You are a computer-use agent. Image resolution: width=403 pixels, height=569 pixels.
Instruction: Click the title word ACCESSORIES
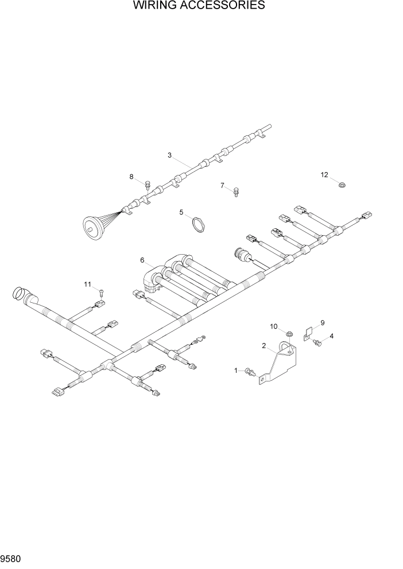tap(222, 6)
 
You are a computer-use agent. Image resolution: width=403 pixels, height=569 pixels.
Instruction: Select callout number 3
tap(170, 155)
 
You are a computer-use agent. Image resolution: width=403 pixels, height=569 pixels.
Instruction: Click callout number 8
tap(131, 177)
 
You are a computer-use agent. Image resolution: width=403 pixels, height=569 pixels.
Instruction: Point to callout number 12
tap(324, 175)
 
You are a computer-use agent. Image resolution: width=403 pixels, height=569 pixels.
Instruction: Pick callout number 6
tap(142, 260)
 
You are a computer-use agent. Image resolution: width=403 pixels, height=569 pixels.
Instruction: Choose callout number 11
tap(88, 284)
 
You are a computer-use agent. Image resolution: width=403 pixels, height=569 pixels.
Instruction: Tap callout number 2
tap(264, 346)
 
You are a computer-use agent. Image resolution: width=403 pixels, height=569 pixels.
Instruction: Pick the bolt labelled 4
tap(317, 343)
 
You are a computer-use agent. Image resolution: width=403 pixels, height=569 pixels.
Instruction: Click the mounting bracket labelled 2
tap(281, 364)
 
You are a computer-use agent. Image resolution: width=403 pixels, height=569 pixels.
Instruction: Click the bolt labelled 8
tap(148, 185)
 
